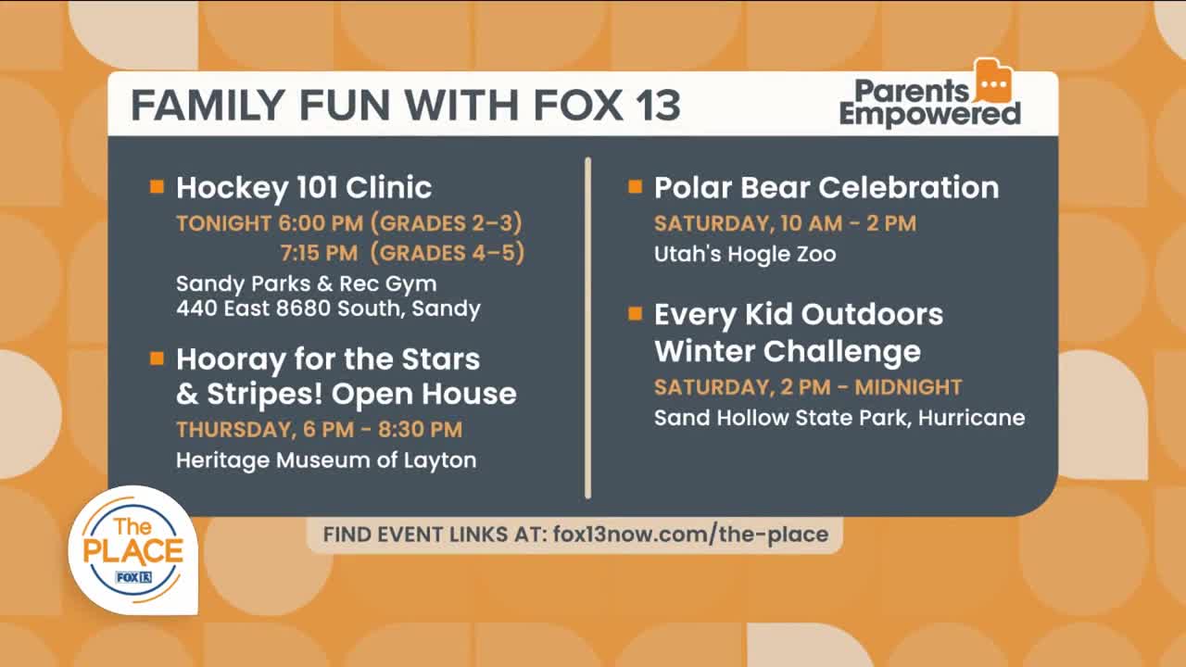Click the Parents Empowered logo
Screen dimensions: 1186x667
coord(930,94)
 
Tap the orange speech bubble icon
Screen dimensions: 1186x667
coord(994,81)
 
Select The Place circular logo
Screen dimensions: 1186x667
coord(132,550)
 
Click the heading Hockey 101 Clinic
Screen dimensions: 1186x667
coord(304,188)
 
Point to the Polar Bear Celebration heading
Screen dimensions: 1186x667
coord(826,188)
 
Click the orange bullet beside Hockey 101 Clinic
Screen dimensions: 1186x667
coord(157,186)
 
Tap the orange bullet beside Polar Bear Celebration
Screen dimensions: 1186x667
coord(635,186)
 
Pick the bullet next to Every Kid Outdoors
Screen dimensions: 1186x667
coord(635,314)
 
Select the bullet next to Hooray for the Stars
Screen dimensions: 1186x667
coord(157,359)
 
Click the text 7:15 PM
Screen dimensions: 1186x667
coord(320,253)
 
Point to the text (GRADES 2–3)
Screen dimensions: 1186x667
coord(447,223)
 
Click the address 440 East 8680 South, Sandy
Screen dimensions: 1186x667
coord(328,308)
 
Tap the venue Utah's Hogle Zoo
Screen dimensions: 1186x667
coord(745,254)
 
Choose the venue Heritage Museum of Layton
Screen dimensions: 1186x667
coord(326,460)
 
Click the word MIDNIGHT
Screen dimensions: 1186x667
coord(908,387)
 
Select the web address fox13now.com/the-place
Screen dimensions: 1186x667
coord(691,535)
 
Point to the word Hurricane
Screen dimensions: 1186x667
coord(972,418)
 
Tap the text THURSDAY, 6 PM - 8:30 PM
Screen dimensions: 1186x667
coord(320,430)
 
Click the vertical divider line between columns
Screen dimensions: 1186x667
coord(587,328)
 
